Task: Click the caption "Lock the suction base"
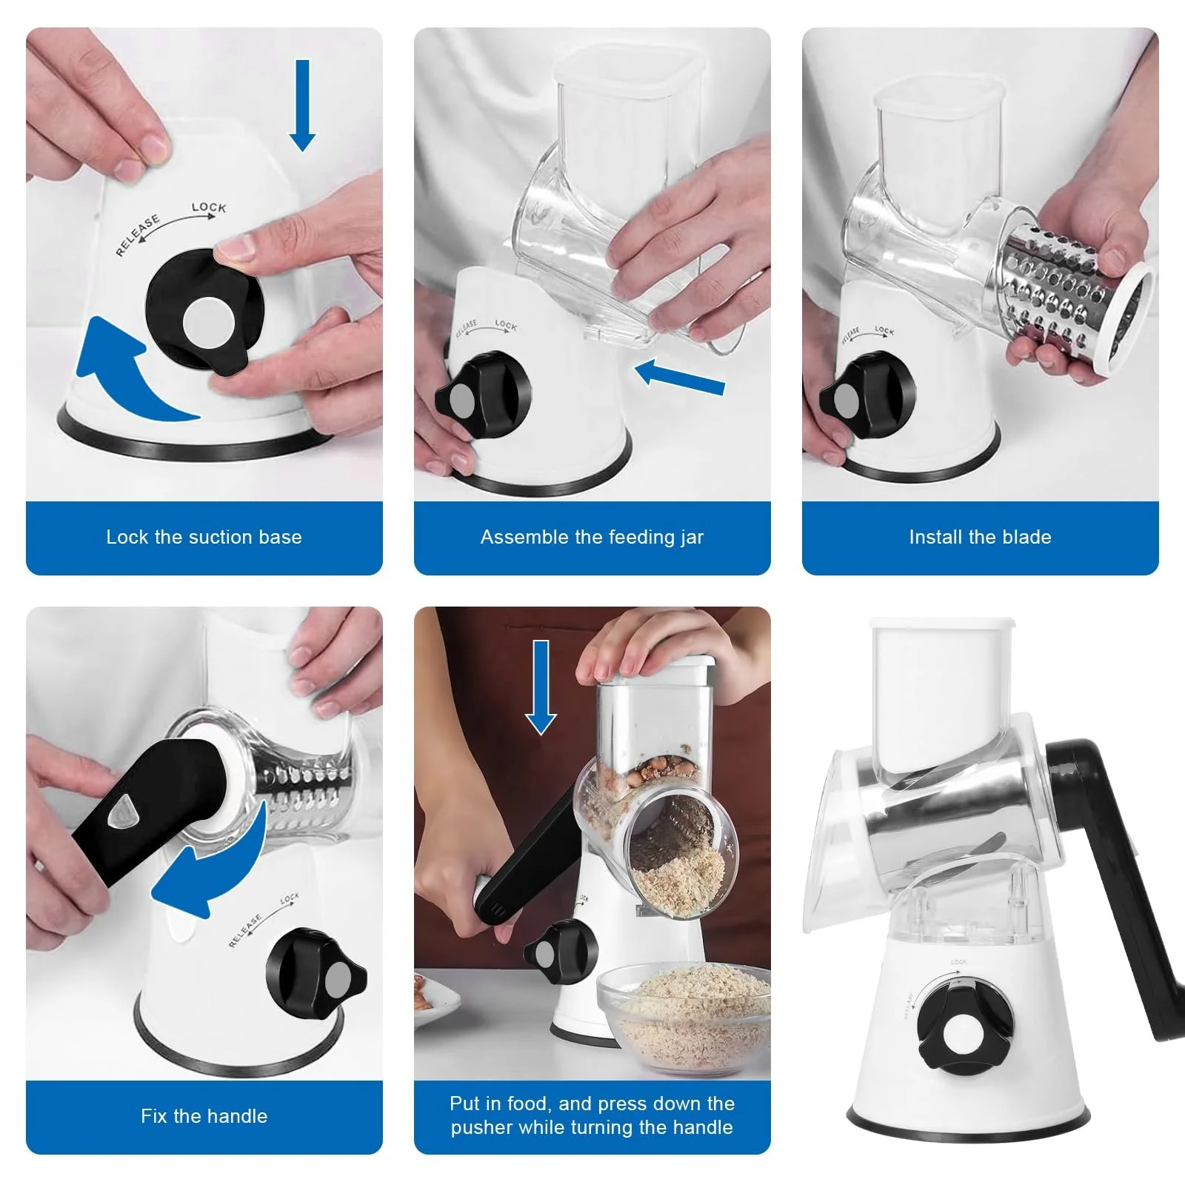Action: pyautogui.click(x=204, y=537)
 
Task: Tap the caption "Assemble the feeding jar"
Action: pyautogui.click(x=592, y=537)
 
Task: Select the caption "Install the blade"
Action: pyautogui.click(x=980, y=537)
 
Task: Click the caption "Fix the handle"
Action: pyautogui.click(x=204, y=1116)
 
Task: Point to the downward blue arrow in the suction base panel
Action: pyautogui.click(x=302, y=105)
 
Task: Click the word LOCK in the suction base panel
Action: pyautogui.click(x=209, y=207)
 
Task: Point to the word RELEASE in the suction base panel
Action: pyautogui.click(x=137, y=236)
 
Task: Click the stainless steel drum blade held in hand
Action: pyautogui.click(x=1074, y=300)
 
